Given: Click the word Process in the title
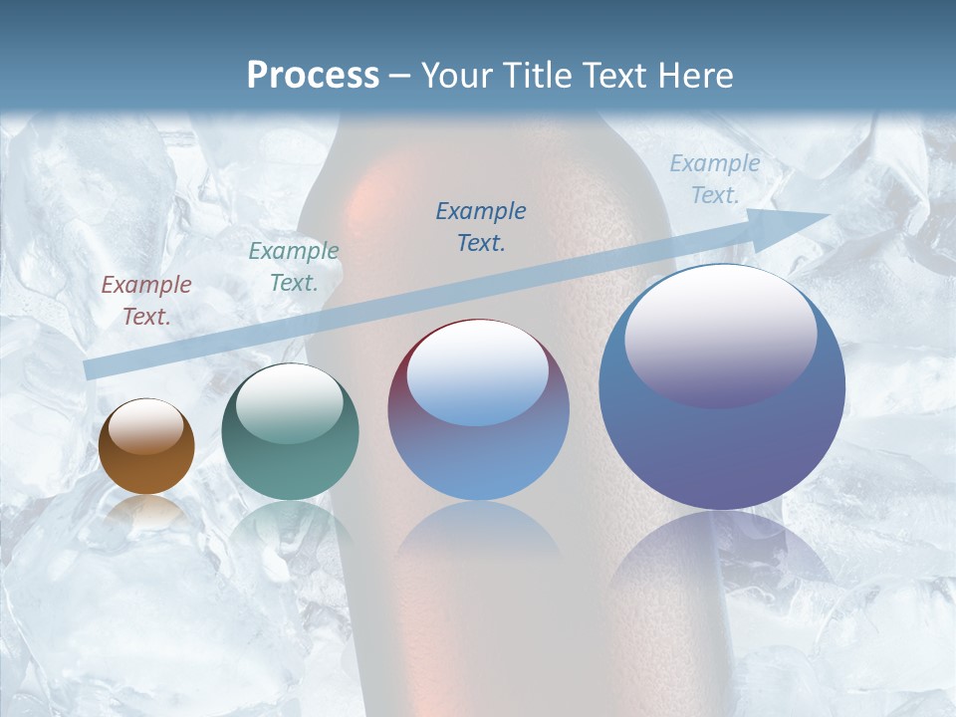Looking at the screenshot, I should point(313,76).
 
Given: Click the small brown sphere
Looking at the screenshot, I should point(146,447).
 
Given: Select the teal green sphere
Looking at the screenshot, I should point(290,432).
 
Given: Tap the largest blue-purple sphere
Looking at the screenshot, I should point(722,387).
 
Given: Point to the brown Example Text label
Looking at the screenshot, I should point(145,301).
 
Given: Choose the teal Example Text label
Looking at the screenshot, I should point(294,267).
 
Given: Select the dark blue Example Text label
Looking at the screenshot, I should point(481,227).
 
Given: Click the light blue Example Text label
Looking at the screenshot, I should point(714,179).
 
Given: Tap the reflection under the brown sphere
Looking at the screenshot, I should point(146,513).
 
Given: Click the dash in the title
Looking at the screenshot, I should point(400,77).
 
